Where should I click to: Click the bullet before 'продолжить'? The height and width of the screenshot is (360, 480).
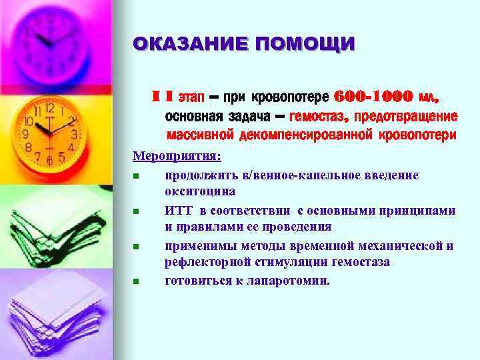pyautogui.click(x=135, y=175)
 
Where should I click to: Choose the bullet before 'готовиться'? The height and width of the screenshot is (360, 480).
pyautogui.click(x=135, y=281)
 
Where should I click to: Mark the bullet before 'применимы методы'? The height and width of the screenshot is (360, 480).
pyautogui.click(x=135, y=246)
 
